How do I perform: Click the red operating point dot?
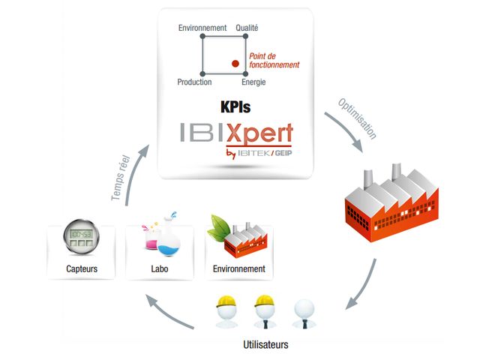(235, 64)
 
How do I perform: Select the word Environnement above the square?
(202, 28)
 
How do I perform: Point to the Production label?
(194, 82)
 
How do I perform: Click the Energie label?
(253, 82)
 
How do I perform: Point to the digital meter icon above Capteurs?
(79, 236)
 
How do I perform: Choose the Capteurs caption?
(79, 268)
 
